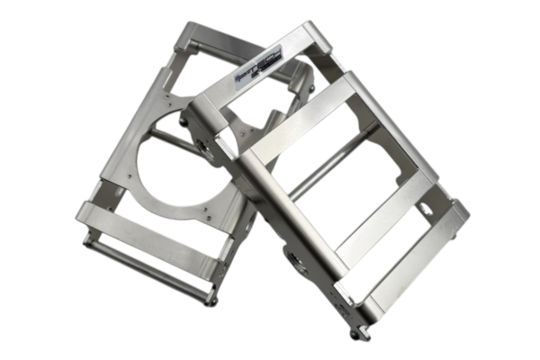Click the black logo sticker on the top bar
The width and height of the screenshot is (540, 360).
pos(259,65)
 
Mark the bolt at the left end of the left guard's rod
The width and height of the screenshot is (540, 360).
pos(87,238)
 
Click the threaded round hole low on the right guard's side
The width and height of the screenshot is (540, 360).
pos(294,262)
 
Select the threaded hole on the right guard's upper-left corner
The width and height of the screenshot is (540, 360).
pos(206,149)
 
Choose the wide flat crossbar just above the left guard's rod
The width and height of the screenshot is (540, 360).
pos(148,237)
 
